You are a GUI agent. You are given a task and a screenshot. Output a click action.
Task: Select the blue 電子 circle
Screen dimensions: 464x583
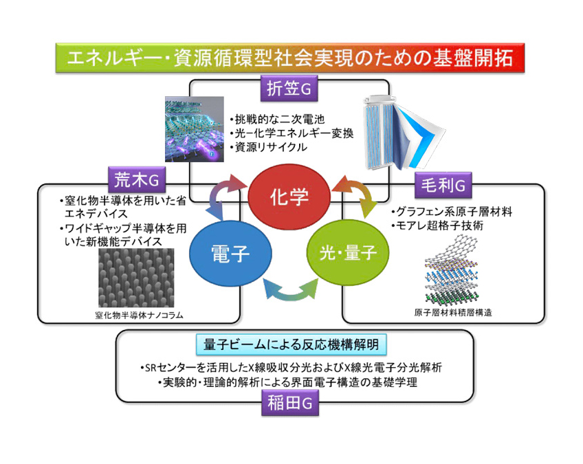(230, 254)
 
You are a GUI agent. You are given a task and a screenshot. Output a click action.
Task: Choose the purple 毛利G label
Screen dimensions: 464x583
(441, 184)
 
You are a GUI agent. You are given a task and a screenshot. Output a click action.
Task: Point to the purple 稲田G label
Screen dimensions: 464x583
(288, 405)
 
